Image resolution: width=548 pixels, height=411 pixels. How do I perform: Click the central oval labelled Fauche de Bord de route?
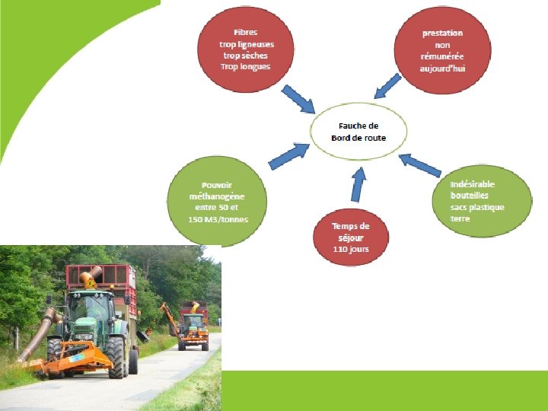tap(358, 132)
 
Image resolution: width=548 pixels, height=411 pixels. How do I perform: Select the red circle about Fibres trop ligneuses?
tap(245, 49)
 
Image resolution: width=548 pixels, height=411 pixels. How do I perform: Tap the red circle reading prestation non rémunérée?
tap(442, 49)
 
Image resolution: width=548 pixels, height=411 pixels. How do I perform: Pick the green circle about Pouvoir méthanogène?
tap(217, 201)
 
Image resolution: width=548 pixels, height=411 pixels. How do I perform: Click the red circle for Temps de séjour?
tap(350, 237)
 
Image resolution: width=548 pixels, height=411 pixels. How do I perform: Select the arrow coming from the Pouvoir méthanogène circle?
tap(284, 156)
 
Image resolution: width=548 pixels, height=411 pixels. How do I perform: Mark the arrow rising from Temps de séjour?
tap(358, 185)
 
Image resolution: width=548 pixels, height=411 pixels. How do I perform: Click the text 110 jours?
tap(350, 250)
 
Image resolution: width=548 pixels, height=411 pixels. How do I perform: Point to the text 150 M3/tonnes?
tap(218, 219)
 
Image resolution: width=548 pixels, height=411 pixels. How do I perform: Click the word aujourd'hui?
tap(442, 68)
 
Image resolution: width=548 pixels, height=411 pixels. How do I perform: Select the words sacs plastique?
tap(477, 207)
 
